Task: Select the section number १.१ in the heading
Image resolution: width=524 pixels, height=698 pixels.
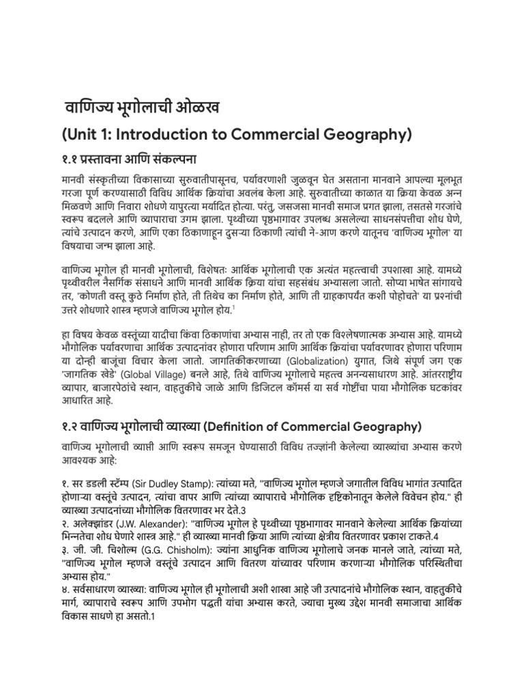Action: [70, 161]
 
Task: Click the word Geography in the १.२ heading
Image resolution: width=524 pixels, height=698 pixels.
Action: [390, 427]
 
